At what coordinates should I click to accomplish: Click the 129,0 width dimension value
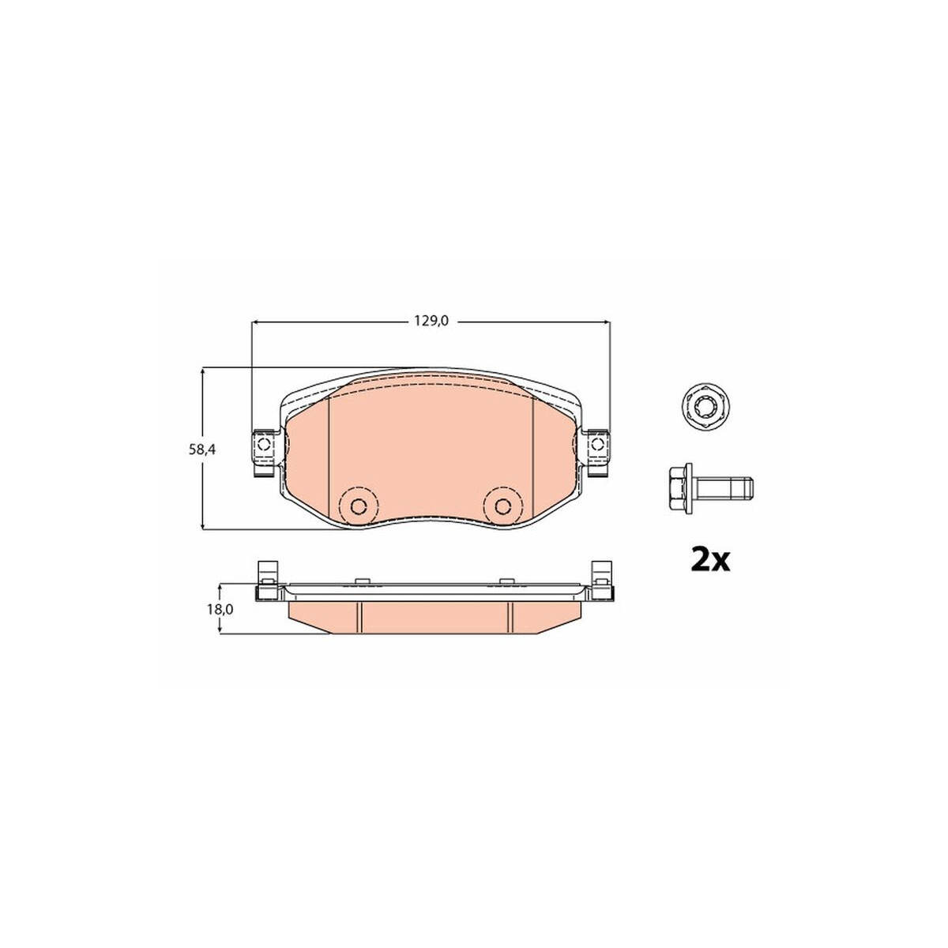pyautogui.click(x=431, y=322)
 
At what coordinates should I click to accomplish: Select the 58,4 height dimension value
pyautogui.click(x=202, y=450)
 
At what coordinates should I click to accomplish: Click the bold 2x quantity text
pyautogui.click(x=710, y=561)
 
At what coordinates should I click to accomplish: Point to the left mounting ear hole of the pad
pyautogui.click(x=263, y=444)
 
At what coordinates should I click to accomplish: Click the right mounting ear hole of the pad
pyautogui.click(x=597, y=444)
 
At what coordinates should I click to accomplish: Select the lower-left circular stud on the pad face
pyautogui.click(x=359, y=506)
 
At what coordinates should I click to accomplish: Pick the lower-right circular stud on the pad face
pyautogui.click(x=502, y=506)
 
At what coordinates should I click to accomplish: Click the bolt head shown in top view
pyautogui.click(x=706, y=405)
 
